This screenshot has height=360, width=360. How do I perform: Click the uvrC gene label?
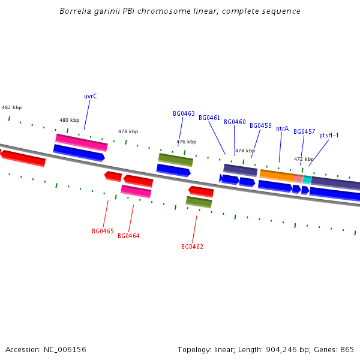91,96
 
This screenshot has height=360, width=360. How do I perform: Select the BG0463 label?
184,113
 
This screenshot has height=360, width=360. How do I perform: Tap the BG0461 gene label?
209,118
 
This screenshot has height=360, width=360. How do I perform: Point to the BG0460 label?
235,122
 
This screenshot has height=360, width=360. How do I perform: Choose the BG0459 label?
260,125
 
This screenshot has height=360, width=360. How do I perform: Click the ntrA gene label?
282,128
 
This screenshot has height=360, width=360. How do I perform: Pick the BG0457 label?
304,131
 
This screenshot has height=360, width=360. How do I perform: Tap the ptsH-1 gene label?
329,135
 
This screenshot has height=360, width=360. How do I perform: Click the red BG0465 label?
103,231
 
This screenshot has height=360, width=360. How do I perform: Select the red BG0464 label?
128,236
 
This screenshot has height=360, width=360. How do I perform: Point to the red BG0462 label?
192,247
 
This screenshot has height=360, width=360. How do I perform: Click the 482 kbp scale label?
11,107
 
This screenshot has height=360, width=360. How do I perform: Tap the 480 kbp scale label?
69,120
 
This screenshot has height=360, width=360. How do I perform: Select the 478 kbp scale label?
128,131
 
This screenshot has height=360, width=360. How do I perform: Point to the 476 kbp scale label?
186,142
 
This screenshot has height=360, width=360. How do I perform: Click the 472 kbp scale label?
304,159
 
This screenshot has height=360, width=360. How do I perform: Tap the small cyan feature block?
307,179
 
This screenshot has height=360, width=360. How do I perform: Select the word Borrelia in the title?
74,11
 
